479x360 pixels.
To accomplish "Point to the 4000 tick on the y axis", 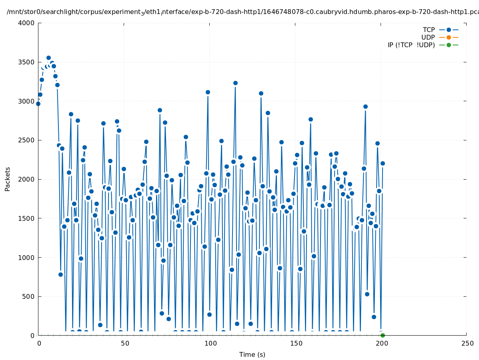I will pos(27,23).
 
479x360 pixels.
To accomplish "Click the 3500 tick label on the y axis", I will pos(27,62).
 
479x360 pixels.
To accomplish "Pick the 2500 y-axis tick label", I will pos(27,140).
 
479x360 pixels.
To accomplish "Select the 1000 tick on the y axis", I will pos(27,258).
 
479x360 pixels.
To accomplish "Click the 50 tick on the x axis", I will pos(124,344).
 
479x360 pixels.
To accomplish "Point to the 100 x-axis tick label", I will pos(210,344).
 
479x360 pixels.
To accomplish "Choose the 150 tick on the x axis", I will pos(296,344).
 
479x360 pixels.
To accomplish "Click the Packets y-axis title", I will pos(8,179).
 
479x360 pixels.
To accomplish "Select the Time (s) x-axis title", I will pos(252,355).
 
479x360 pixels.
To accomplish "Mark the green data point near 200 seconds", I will pos(383,335).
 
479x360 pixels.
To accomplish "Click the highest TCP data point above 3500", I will pos(48,58).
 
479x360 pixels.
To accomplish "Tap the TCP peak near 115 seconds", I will pos(235,83).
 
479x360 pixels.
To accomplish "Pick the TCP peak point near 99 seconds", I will pos(208,92).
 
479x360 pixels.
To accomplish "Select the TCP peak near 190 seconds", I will pos(365,106).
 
